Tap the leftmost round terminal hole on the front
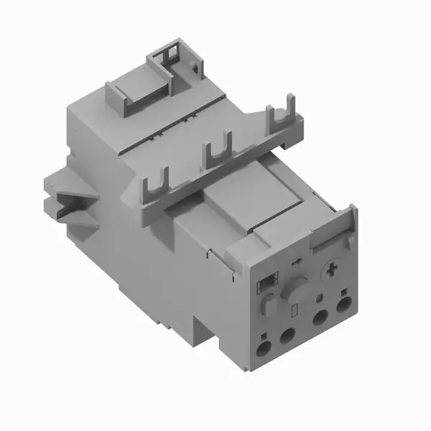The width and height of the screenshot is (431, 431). pyautogui.click(x=265, y=348)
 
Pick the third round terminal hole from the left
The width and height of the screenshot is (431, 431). pyautogui.click(x=319, y=321)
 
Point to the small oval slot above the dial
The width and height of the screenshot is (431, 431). pyautogui.click(x=297, y=264)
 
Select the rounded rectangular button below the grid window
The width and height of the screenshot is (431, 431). pyautogui.click(x=266, y=305)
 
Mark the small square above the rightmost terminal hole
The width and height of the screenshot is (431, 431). pyautogui.click(x=344, y=292)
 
